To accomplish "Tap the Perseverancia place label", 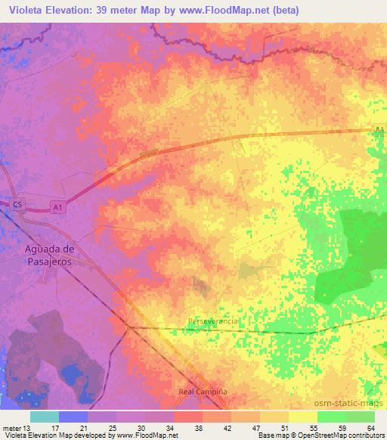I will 213,321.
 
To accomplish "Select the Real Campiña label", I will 203,392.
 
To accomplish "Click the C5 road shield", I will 19,203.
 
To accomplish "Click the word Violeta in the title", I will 26,11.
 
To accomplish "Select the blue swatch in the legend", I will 73,417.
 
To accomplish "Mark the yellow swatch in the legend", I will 302,417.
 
